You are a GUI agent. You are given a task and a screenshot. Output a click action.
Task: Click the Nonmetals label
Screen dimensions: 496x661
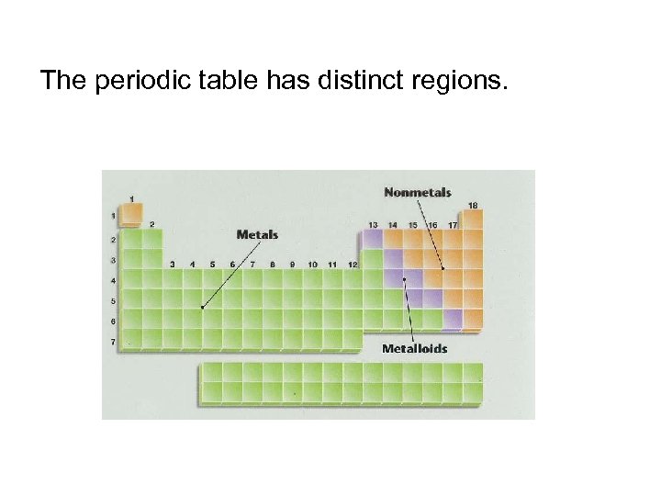[417, 193]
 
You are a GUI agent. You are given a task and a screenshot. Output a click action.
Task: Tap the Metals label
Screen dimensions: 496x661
[257, 235]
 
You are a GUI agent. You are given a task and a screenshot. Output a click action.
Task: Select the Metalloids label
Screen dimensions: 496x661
[414, 349]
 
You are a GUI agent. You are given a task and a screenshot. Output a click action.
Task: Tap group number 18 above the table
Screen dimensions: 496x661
[473, 205]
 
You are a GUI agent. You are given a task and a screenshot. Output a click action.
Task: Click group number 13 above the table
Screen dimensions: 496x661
[373, 224]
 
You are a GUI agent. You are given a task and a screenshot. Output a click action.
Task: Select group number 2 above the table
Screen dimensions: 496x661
[151, 224]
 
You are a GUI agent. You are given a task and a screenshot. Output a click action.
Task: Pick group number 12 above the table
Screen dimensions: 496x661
[353, 265]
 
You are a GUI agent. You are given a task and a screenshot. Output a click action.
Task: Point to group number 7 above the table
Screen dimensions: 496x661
[252, 265]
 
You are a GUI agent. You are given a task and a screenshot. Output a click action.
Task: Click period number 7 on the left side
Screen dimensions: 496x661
[114, 342]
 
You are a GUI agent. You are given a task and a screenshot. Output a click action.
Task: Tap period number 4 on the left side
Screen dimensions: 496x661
[114, 280]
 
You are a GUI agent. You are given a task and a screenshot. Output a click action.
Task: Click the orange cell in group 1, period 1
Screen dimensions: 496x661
[131, 217]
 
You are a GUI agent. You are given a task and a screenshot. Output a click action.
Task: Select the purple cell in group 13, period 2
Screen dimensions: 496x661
[373, 239]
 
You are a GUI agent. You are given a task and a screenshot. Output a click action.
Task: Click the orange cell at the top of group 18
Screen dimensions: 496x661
[473, 220]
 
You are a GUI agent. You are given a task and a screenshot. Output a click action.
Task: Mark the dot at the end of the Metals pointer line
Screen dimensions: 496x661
[202, 307]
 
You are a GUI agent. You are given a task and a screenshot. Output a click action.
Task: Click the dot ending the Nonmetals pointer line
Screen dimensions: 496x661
[442, 269]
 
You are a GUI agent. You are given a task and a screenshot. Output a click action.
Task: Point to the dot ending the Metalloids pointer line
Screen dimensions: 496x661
[404, 278]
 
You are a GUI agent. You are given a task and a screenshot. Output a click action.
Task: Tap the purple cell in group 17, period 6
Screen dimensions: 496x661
[453, 319]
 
